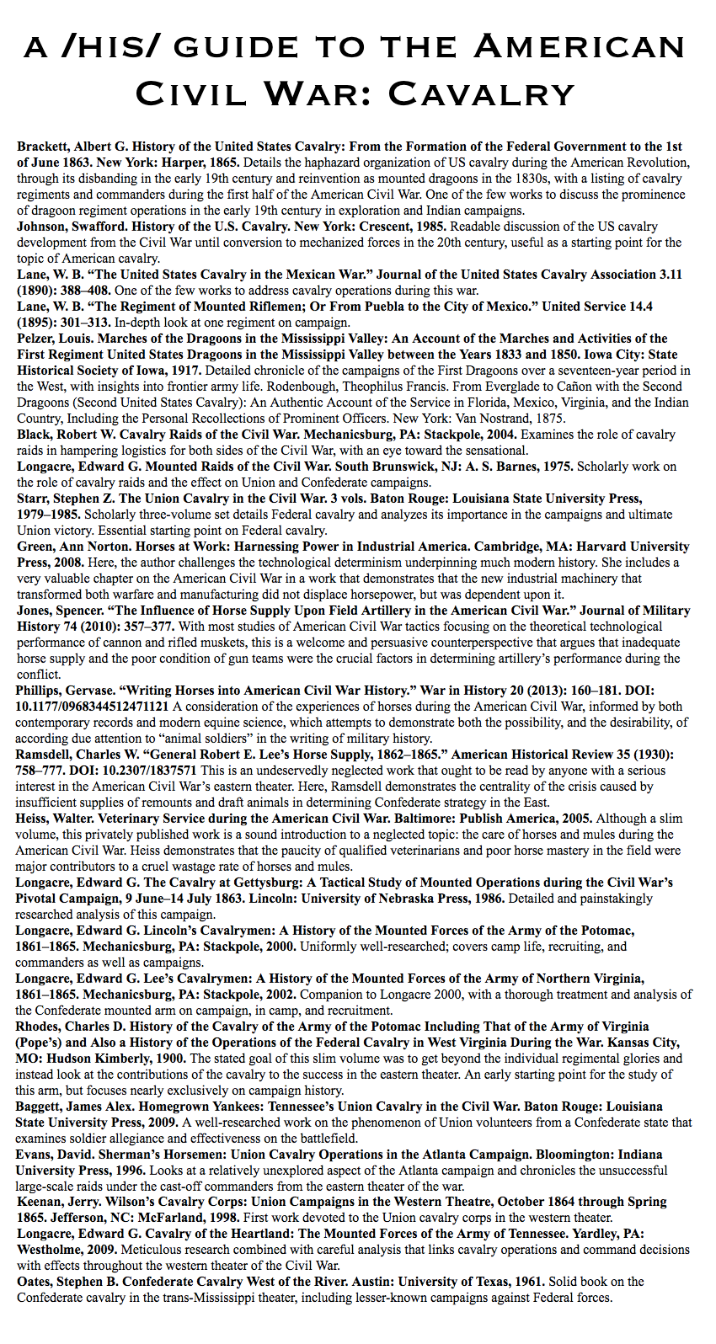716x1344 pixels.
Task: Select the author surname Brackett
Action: [x=41, y=147]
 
